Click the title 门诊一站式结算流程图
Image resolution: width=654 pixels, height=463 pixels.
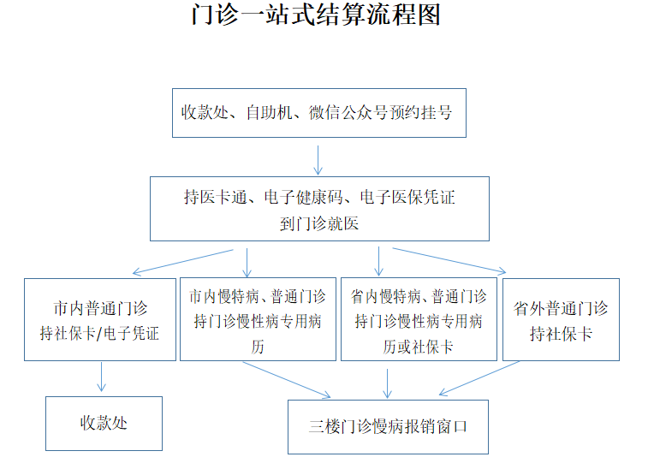click(316, 15)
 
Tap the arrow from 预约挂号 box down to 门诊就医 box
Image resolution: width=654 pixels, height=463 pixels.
click(318, 160)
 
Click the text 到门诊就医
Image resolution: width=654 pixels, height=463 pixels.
click(319, 223)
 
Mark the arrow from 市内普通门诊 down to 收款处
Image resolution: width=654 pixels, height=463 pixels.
click(101, 377)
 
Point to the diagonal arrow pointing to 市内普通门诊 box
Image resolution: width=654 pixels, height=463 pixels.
click(182, 263)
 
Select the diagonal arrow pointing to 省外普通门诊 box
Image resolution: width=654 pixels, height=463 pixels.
click(449, 261)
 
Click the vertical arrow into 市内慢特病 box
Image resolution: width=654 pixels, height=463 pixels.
click(247, 263)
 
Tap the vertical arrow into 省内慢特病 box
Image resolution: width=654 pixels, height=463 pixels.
click(378, 261)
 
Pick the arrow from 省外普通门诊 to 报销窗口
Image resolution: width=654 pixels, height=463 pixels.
click(479, 378)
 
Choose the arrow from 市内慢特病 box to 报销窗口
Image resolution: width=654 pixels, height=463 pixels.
click(287, 380)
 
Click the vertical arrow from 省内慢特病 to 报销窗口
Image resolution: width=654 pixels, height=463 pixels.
click(388, 383)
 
